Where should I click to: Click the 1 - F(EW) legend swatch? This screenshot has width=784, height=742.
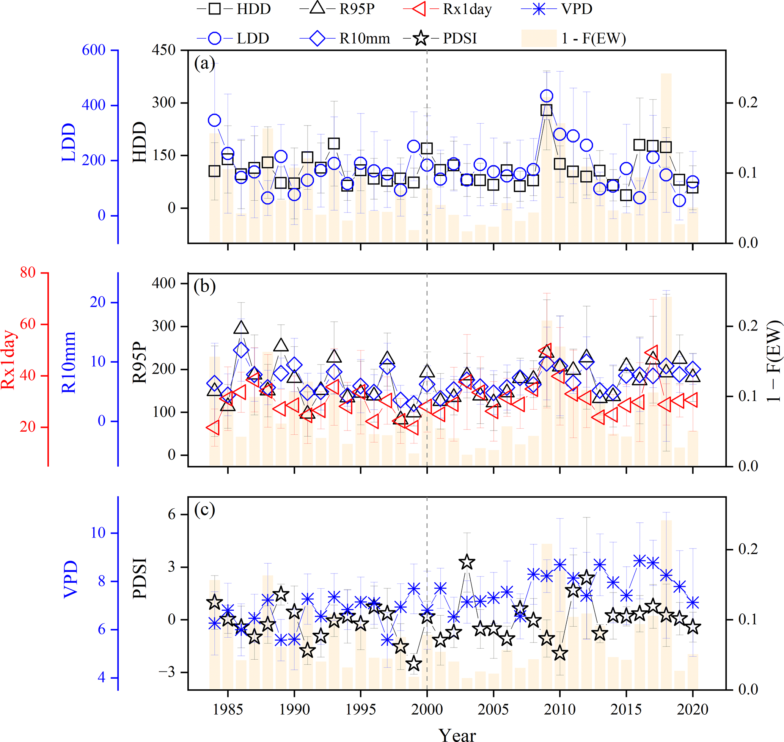click(539, 38)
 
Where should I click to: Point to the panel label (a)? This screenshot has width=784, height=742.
click(204, 63)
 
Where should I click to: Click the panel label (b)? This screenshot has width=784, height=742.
click(204, 286)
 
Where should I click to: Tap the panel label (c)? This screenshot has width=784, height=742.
click(204, 510)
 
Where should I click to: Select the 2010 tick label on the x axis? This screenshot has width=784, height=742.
click(560, 709)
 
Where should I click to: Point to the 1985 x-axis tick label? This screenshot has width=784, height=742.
click(228, 709)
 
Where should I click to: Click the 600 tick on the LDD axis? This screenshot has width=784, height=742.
click(94, 50)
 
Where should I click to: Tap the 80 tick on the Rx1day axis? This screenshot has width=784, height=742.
click(28, 272)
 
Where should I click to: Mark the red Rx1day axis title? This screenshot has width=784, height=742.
click(9, 360)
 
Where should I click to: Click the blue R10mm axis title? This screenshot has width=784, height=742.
click(69, 362)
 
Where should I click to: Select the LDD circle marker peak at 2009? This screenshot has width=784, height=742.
click(546, 96)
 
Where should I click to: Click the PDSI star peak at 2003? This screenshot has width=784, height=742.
click(467, 562)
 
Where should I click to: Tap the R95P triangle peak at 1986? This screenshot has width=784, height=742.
click(241, 327)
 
